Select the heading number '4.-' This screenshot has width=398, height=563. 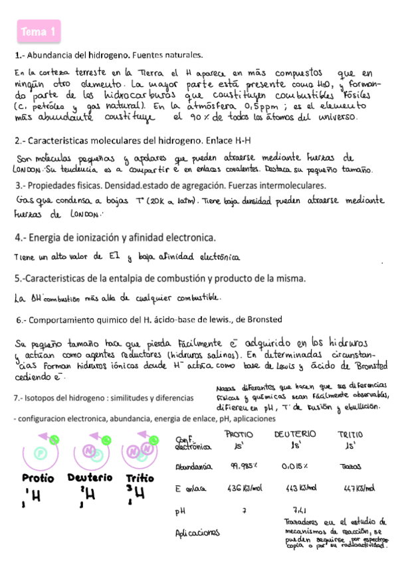[22, 237]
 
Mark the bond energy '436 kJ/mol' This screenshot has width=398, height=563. [243, 489]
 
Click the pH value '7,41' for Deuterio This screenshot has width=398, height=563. [298, 509]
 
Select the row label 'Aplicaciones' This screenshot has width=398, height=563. [197, 532]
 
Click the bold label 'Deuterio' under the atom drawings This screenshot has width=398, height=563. [90, 477]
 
